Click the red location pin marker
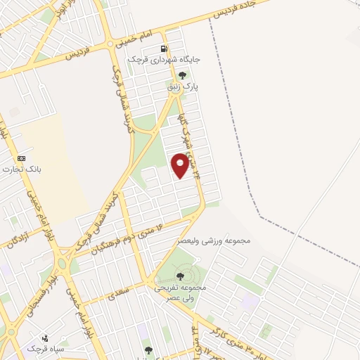(x=181, y=165)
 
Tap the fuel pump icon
(x=164, y=49)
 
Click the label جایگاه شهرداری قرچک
(x=164, y=60)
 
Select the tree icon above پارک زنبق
(x=182, y=75)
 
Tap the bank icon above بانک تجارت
(x=21, y=158)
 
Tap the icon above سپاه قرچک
(x=46, y=337)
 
